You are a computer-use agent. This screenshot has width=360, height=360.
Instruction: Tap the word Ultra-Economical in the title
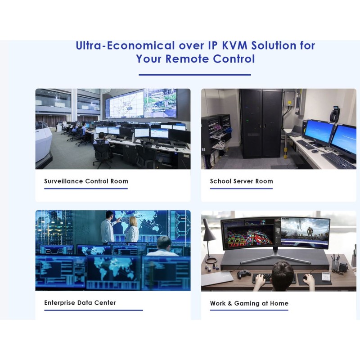[125, 45]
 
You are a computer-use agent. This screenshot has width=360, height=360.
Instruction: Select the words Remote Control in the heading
[210, 59]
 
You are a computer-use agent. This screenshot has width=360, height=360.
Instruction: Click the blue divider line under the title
[194, 75]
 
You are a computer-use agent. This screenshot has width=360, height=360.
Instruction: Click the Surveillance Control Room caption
[86, 181]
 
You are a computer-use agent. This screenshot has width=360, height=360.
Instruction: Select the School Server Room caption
[241, 181]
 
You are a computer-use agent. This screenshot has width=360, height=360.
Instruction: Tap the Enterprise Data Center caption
[80, 303]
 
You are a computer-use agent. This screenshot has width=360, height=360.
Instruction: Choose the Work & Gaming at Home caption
[249, 303]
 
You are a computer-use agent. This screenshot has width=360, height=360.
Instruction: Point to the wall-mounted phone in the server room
[334, 114]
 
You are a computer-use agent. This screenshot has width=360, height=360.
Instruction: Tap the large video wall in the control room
[141, 103]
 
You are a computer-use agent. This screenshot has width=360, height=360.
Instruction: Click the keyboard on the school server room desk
[338, 160]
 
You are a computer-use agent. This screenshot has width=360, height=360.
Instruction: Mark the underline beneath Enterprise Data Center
[93, 310]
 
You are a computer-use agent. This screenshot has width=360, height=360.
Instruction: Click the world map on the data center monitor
[112, 270]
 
